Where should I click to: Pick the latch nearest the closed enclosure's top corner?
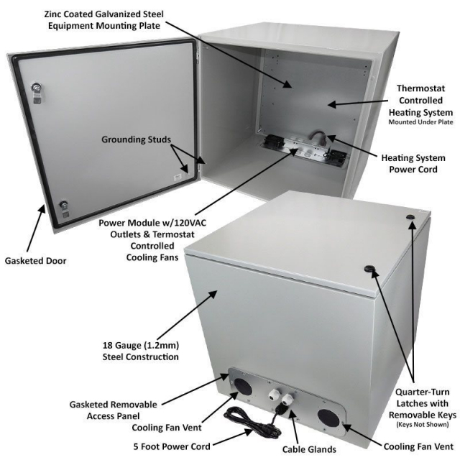coord(412,216)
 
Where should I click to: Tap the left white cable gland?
coord(274,395)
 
